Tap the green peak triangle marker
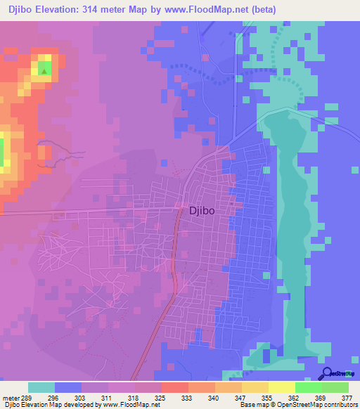pos(44,70)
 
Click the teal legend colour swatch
pos(41,387)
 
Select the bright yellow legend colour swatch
pos(281,387)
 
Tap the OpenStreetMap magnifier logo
pos(328,373)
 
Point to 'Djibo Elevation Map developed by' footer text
pos(49,405)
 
